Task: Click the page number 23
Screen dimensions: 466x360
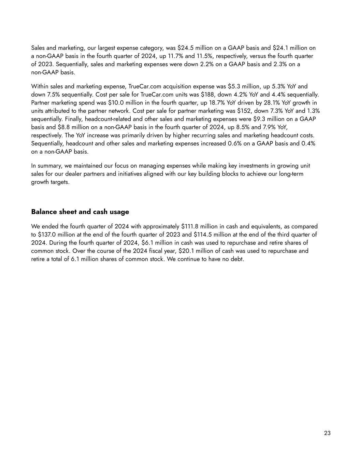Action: click(x=327, y=433)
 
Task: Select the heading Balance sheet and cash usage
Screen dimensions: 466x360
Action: click(x=80, y=212)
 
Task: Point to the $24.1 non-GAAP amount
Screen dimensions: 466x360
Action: click(x=280, y=48)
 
